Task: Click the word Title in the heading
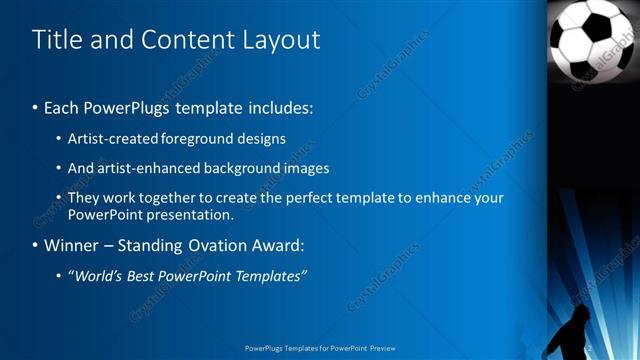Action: point(56,40)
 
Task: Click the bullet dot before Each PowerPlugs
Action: point(36,107)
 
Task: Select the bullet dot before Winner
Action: point(36,245)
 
